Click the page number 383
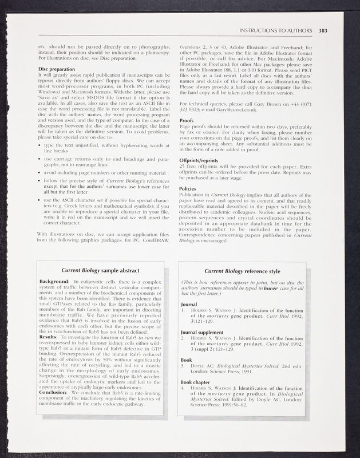(x=322, y=30)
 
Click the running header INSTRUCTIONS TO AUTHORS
(x=275, y=30)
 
